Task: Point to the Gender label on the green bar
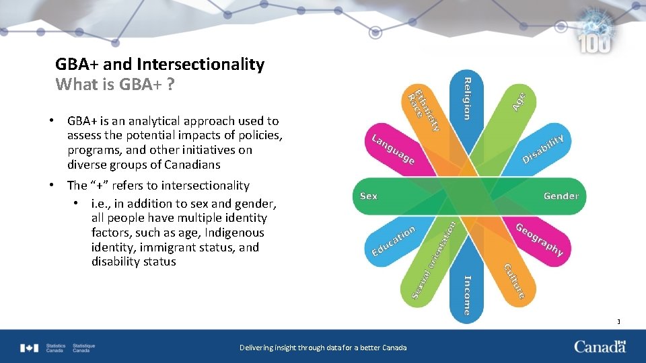point(561,196)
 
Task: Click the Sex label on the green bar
point(369,196)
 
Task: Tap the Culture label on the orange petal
point(514,280)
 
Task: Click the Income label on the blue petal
point(467,294)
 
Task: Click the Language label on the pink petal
point(393,150)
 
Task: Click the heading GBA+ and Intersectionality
point(159,65)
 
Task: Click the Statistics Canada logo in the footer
point(58,348)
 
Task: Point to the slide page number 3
point(618,322)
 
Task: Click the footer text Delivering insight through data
point(323,348)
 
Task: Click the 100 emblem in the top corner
point(595,37)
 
